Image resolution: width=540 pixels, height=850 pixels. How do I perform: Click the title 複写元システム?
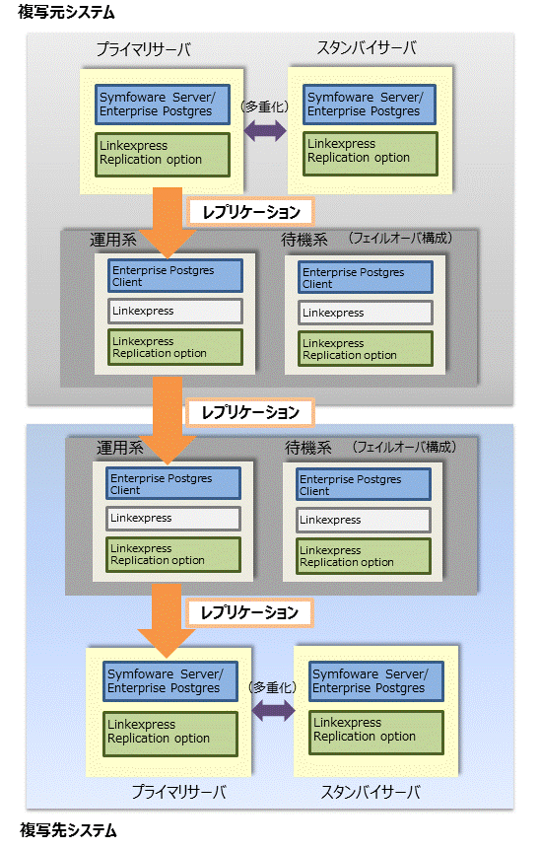(x=66, y=12)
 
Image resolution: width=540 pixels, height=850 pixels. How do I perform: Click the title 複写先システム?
(x=68, y=830)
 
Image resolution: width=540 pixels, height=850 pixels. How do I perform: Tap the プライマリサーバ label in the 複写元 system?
(x=144, y=49)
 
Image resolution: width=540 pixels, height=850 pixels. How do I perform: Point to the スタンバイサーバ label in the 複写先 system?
(x=371, y=792)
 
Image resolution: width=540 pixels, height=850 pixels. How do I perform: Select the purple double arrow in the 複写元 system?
(x=265, y=130)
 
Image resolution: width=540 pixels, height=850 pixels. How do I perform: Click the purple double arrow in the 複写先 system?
(x=274, y=710)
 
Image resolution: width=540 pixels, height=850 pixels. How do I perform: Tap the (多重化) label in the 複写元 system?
(x=265, y=106)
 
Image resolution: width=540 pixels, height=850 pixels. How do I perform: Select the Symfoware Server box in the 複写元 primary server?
(x=163, y=105)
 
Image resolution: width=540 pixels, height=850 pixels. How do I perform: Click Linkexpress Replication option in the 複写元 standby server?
(x=371, y=154)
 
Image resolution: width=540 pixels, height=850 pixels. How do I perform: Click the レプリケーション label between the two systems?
(x=250, y=412)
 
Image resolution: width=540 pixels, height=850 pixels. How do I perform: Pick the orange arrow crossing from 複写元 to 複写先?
(x=168, y=421)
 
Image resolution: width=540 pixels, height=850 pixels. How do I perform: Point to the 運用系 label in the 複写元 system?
(x=112, y=240)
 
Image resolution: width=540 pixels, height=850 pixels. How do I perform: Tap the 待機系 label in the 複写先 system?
(x=308, y=448)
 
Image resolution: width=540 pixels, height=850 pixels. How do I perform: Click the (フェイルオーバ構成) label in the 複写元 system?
(x=400, y=238)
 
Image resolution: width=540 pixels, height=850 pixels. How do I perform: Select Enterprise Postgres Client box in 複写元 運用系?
(x=175, y=275)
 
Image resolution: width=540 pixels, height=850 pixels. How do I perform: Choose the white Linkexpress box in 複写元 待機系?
(x=366, y=313)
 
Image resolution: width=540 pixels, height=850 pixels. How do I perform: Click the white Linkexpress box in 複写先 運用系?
(x=173, y=519)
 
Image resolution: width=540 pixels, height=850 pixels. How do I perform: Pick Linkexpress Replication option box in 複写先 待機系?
(x=364, y=555)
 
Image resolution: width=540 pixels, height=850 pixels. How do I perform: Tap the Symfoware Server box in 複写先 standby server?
(x=376, y=680)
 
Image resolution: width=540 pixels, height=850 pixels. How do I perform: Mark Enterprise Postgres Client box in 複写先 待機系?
(x=364, y=484)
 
